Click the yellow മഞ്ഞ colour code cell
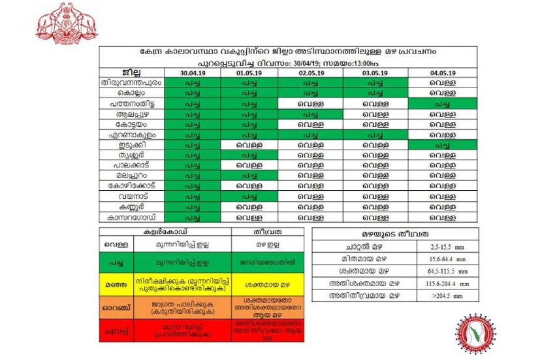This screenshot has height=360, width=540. point(116,284)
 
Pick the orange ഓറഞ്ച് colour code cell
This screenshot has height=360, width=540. point(116,306)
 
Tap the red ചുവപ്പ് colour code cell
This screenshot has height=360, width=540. point(116,331)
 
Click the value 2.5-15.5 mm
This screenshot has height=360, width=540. point(451,248)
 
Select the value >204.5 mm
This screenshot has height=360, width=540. point(451,295)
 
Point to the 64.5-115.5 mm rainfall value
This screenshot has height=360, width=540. point(451,271)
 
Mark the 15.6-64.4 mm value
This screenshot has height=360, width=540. point(451,259)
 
